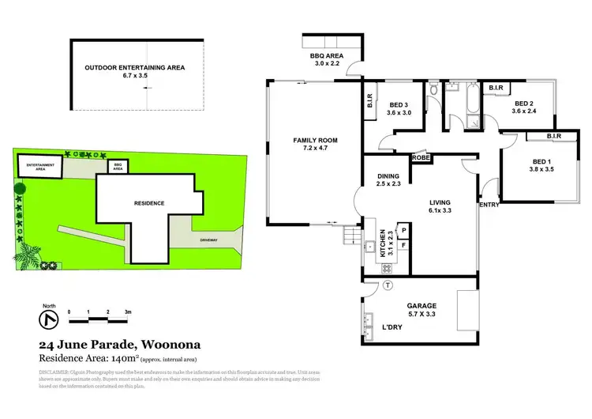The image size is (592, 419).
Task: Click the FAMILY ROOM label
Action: click(310, 140)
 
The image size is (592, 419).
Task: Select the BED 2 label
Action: click(526, 103)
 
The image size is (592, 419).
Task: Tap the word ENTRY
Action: click(490, 205)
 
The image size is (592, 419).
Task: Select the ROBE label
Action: click(420, 157)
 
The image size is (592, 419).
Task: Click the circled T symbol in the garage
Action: click(387, 286)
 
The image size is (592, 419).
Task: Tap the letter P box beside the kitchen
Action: click(403, 230)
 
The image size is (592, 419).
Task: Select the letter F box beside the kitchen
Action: click(403, 245)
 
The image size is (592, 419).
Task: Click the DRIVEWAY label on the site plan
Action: click(208, 237)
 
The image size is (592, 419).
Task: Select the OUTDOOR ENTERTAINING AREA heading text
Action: click(134, 68)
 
